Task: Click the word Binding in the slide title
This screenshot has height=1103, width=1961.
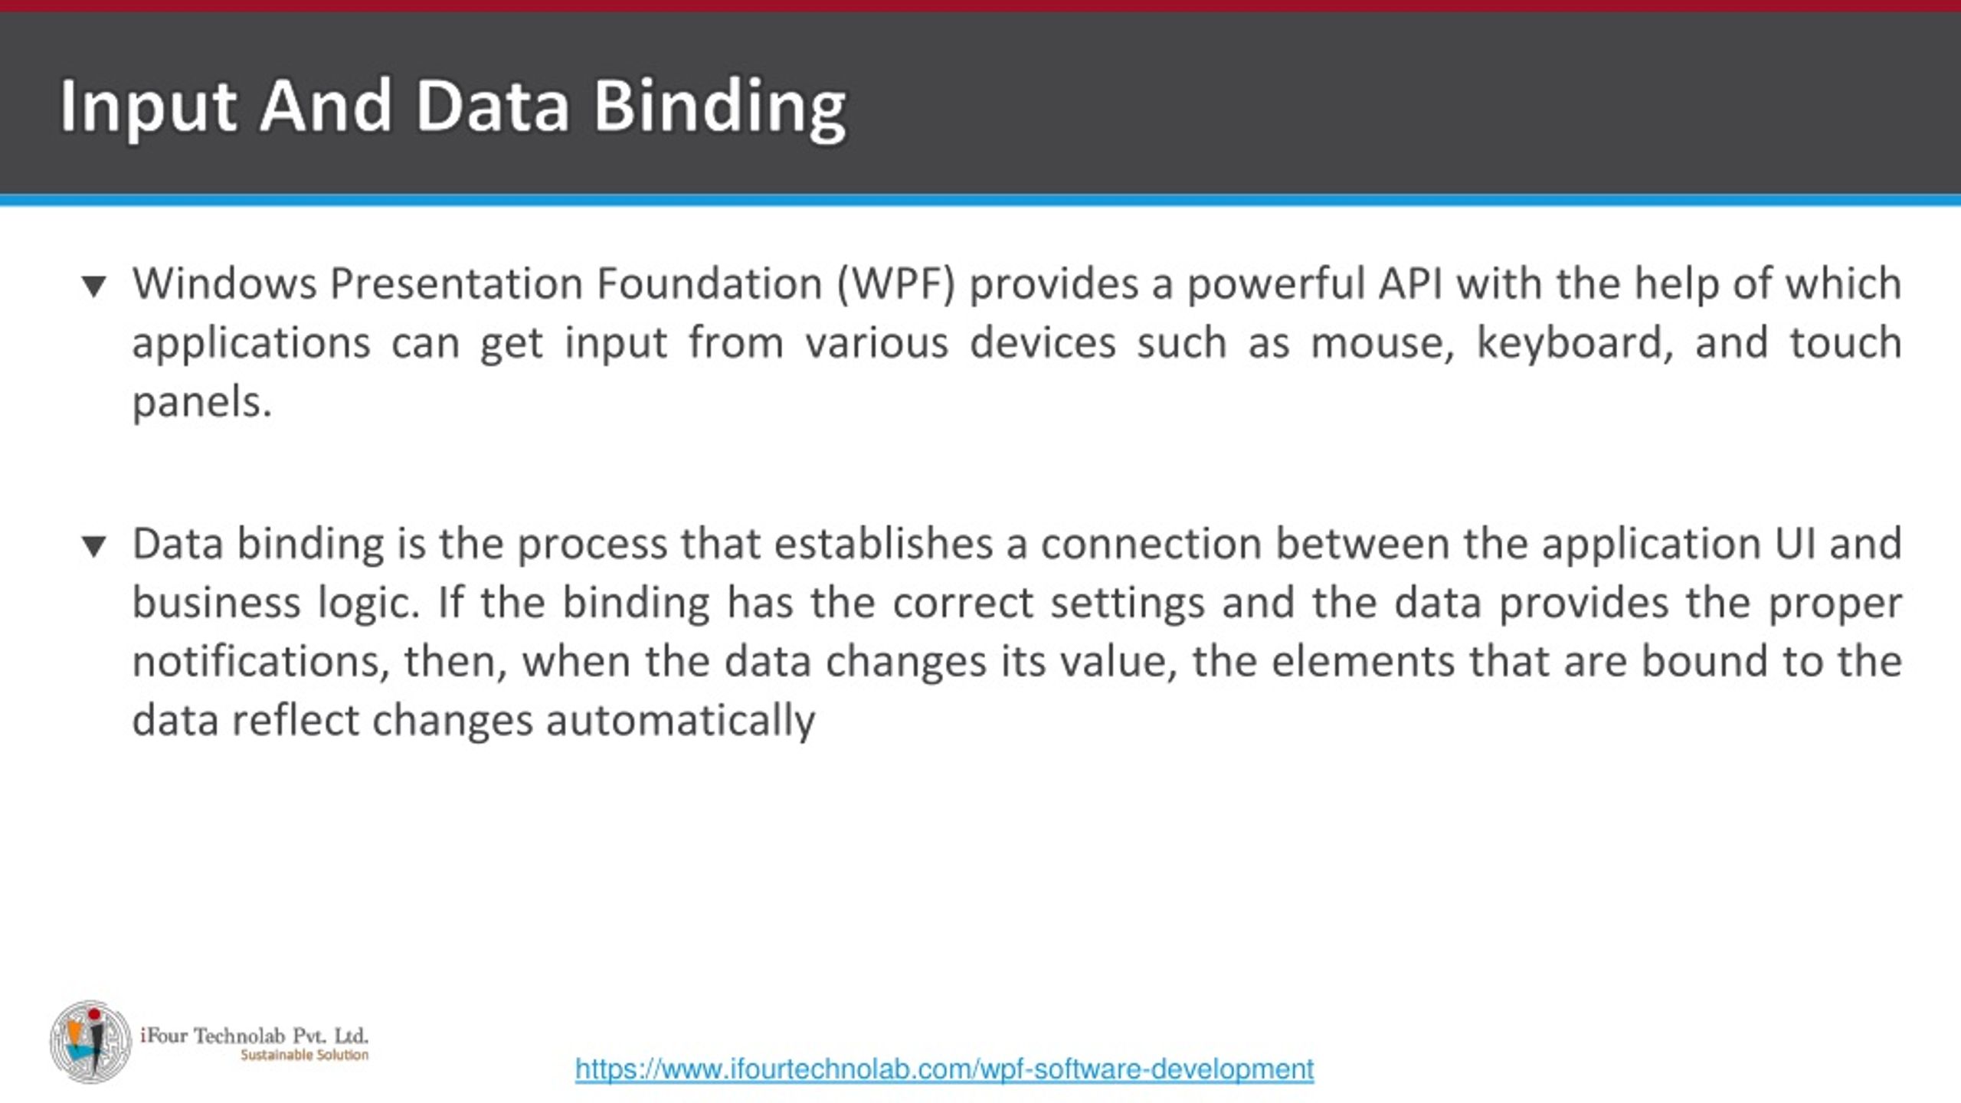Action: point(720,107)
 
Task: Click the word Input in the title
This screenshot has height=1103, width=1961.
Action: point(147,107)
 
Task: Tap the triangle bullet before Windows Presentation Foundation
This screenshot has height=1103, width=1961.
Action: point(94,286)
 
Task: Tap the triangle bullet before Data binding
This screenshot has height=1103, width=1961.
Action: point(94,546)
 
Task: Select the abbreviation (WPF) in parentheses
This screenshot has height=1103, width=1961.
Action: point(896,284)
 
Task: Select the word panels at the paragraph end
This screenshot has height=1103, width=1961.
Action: point(201,402)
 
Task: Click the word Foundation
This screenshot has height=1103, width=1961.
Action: point(709,284)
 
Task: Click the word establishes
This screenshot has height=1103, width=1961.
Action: point(883,544)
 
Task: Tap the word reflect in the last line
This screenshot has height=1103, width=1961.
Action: point(295,722)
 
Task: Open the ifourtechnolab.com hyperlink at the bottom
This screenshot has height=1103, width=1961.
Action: point(944,1069)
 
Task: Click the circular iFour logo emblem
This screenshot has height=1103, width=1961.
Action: point(90,1042)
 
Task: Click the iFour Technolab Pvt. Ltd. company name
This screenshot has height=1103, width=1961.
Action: point(254,1036)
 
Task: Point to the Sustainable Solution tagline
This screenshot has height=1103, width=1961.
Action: point(304,1056)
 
